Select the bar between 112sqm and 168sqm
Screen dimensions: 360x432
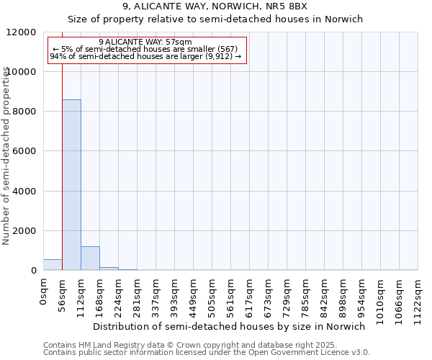90,258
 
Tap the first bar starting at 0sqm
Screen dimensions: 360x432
53,265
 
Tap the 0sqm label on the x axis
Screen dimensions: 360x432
44,292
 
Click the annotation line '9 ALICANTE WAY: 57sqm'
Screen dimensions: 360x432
145,42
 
